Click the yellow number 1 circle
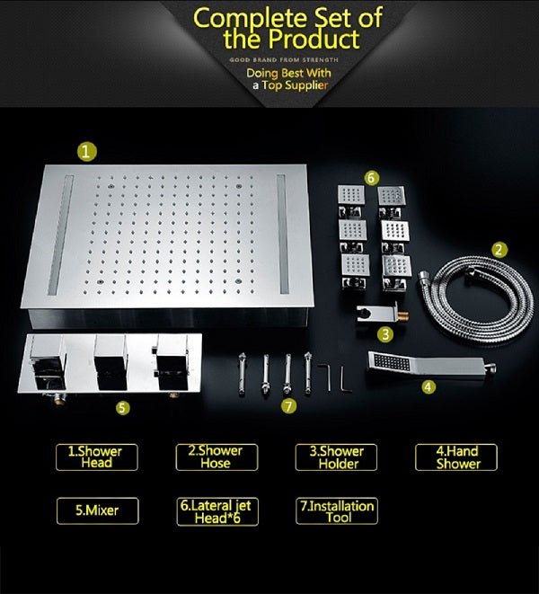click(x=84, y=152)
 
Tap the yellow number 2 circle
click(x=499, y=250)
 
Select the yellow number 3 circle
click(x=384, y=334)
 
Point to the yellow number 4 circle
click(x=429, y=386)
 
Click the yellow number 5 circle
click(x=123, y=407)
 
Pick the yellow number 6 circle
click(x=372, y=179)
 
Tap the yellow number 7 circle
click(x=288, y=405)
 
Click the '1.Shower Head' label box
click(x=95, y=457)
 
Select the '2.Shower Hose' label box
click(x=216, y=457)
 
